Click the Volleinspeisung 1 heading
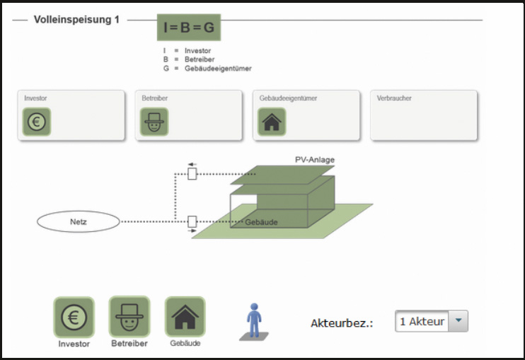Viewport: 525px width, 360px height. [76, 20]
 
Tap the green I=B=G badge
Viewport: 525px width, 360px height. [189, 28]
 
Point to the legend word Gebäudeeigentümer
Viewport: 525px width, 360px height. [218, 69]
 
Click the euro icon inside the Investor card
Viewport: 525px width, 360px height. [37, 122]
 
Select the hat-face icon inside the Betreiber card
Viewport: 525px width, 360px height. [154, 122]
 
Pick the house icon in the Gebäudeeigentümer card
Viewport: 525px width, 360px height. [272, 122]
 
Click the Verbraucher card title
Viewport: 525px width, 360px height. [394, 98]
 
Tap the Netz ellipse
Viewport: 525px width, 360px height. [79, 221]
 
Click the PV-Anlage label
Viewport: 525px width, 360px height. [315, 160]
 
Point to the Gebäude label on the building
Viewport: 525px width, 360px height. [261, 222]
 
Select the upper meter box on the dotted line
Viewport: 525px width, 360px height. [192, 174]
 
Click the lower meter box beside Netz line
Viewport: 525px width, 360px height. [192, 221]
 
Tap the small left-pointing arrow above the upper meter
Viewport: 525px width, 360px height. [192, 164]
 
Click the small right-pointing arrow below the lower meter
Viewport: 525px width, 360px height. [192, 231]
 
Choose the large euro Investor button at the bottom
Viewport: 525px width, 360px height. [74, 317]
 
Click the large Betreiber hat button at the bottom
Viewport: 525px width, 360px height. [129, 317]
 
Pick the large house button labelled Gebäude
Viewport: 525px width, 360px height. [185, 317]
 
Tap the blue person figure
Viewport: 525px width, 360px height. [254, 321]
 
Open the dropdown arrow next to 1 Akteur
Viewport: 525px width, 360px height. [458, 321]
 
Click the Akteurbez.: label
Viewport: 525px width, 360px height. [342, 323]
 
